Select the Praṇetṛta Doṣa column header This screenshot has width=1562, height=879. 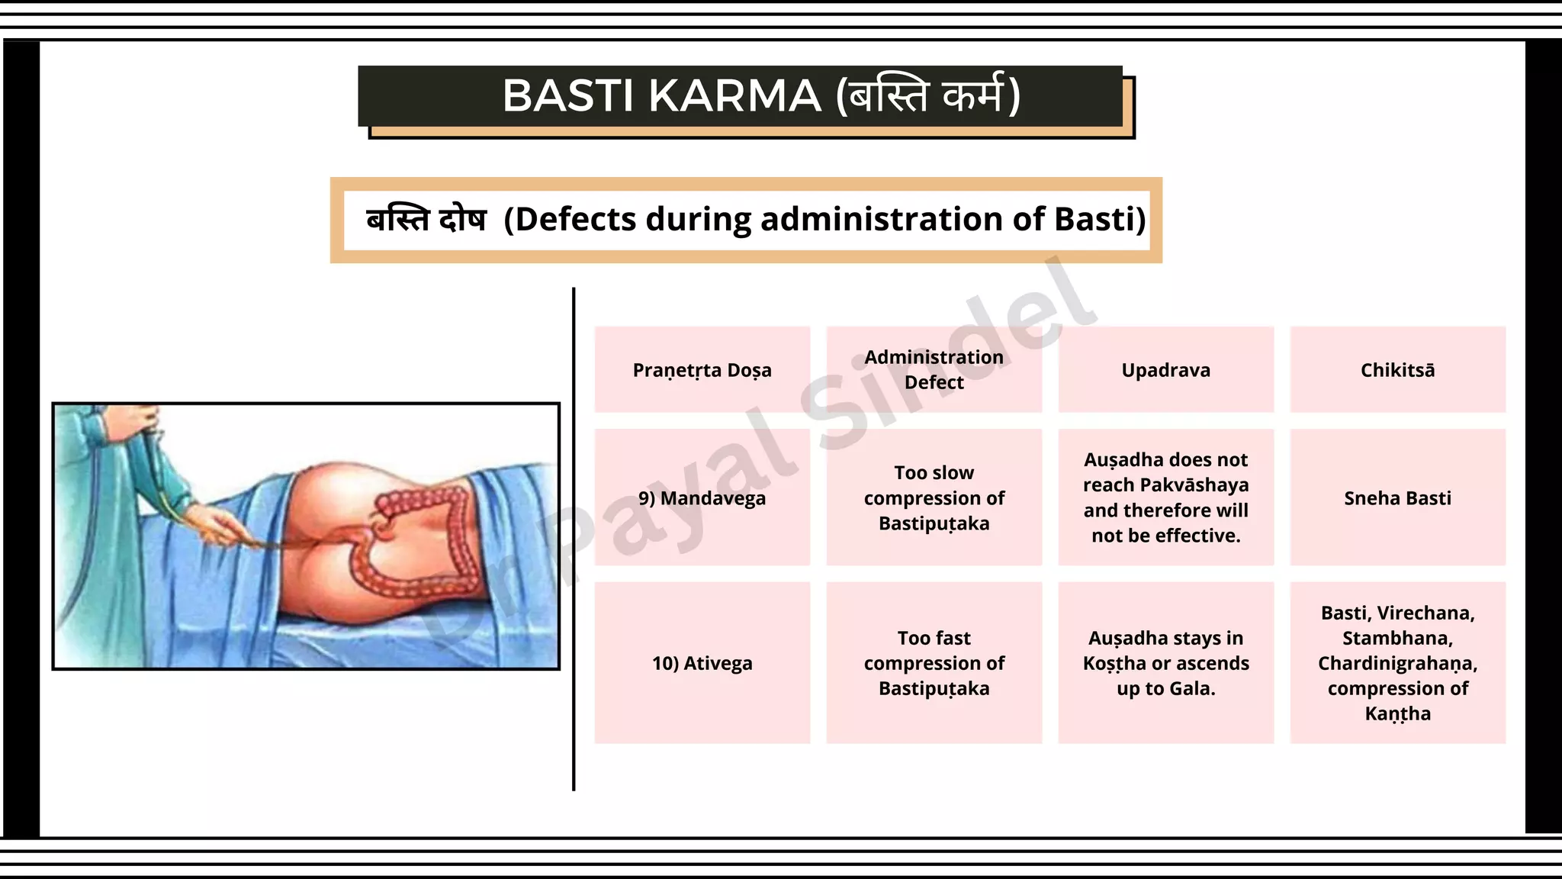click(x=702, y=370)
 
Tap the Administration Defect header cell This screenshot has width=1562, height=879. click(x=934, y=369)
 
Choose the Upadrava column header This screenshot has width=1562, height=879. click(x=1165, y=370)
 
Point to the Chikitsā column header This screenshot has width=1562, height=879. click(x=1397, y=370)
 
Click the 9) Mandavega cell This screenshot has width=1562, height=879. click(x=702, y=498)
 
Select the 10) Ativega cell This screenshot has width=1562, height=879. click(x=702, y=663)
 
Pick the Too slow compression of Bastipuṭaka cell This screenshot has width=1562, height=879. click(x=934, y=497)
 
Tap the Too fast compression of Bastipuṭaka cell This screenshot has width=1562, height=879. click(x=934, y=663)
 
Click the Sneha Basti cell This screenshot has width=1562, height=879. click(x=1397, y=498)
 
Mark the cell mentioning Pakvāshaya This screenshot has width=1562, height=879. click(x=1165, y=497)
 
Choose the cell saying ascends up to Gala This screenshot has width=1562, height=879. click(x=1165, y=663)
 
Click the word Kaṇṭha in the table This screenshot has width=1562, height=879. click(x=1397, y=714)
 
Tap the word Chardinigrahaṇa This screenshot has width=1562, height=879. click(x=1397, y=664)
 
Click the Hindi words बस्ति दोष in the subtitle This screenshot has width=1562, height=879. click(x=426, y=220)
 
